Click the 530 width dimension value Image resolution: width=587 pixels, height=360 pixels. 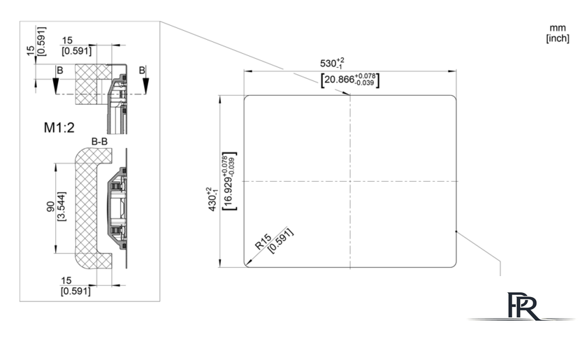pos(328,64)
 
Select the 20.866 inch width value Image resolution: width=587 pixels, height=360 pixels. pos(339,80)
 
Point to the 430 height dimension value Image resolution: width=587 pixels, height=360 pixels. pos(212,203)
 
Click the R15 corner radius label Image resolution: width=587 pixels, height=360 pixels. pos(263,242)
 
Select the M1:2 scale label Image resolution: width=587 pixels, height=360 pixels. pos(59,128)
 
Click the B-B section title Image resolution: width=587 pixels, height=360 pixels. pos(99,142)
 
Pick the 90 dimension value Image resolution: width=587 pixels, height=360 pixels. pos(50,206)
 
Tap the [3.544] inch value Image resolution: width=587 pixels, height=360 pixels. pos(61,206)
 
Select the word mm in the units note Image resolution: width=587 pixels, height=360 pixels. pos(558,28)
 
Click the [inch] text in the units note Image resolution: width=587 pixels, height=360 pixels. pos(558,38)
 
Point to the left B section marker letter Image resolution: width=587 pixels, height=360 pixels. pos(60,71)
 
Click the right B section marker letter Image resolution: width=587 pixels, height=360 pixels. pos(142,71)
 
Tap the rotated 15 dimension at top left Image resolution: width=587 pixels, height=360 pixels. pos(31,50)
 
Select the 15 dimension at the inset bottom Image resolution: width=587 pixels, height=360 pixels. pos(66,280)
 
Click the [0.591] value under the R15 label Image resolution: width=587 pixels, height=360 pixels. pos(281,240)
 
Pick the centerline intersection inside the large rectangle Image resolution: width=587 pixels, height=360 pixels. pos(350,181)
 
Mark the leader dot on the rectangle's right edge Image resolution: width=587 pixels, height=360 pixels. pos(456,231)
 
